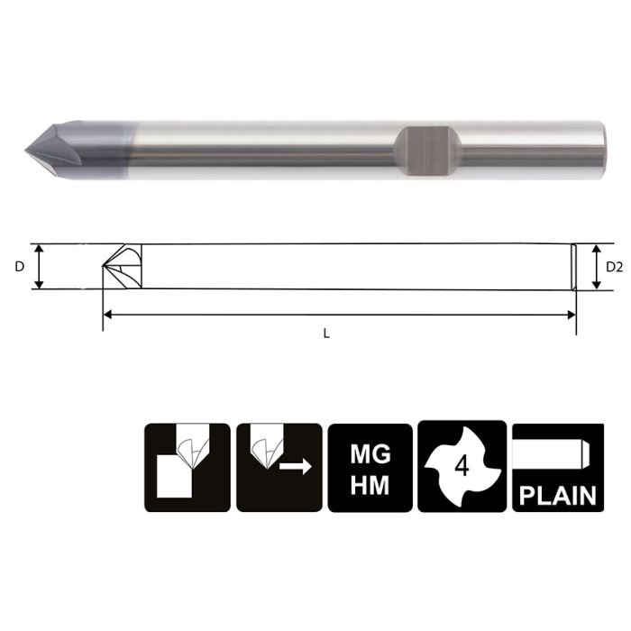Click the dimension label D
(x=20, y=267)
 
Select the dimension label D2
(x=614, y=267)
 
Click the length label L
(x=326, y=333)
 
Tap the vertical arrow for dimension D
(x=38, y=267)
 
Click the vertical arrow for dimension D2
(x=595, y=267)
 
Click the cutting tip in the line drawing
(x=106, y=267)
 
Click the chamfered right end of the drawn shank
(x=573, y=267)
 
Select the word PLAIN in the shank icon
(x=558, y=494)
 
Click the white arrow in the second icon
(x=296, y=466)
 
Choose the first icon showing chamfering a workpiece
(x=186, y=467)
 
